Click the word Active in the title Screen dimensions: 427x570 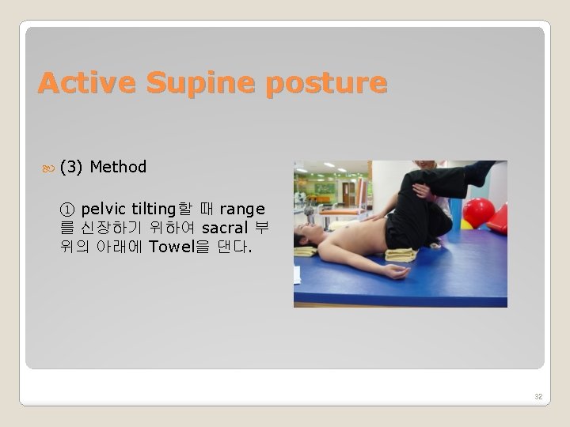click(x=80, y=83)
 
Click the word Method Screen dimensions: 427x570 click(x=118, y=167)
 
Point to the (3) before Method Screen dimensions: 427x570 click(x=72, y=167)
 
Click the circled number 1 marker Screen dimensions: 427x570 click(x=67, y=210)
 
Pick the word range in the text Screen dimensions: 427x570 click(x=242, y=210)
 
